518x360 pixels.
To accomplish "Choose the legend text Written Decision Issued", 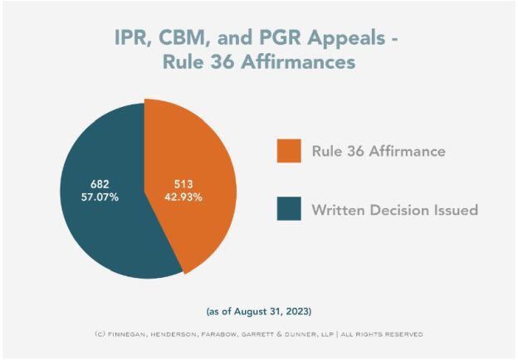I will point(394,210).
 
